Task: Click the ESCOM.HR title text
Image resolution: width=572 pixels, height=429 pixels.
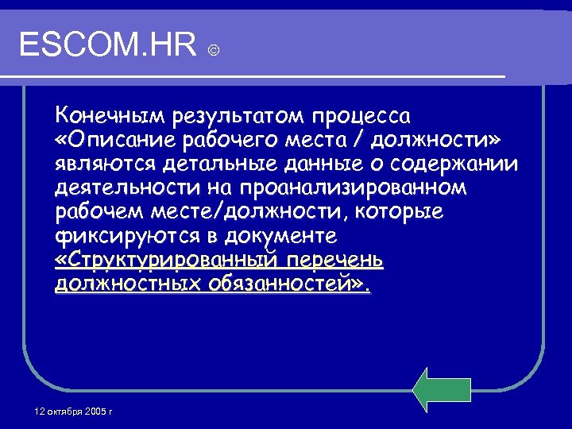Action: (108, 45)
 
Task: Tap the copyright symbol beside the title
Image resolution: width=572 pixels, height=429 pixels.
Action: (214, 51)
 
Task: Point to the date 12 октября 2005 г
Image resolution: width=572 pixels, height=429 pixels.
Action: (74, 412)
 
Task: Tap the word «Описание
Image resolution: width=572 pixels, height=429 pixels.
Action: (110, 141)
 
